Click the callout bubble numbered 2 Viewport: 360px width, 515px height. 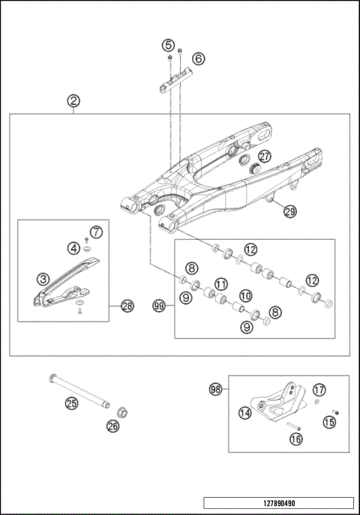[x=73, y=100]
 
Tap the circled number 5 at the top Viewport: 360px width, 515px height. [x=169, y=45]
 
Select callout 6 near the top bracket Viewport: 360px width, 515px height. [x=198, y=58]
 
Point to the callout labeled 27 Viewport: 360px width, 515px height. [x=265, y=157]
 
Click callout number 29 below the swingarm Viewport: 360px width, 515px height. [x=289, y=212]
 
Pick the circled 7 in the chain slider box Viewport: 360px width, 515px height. [x=96, y=232]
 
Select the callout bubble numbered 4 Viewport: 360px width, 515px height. [x=73, y=247]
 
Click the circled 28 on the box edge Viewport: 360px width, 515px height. [x=127, y=306]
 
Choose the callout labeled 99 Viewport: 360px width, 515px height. [x=158, y=306]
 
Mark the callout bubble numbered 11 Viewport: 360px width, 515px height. [x=220, y=284]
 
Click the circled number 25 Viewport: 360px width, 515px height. [x=71, y=403]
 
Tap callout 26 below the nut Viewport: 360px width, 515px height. [x=112, y=427]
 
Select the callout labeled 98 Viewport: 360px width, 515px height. [x=215, y=389]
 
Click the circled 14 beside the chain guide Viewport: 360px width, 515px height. [x=244, y=412]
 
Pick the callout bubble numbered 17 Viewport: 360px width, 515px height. [x=319, y=390]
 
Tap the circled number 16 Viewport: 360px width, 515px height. [x=295, y=439]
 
